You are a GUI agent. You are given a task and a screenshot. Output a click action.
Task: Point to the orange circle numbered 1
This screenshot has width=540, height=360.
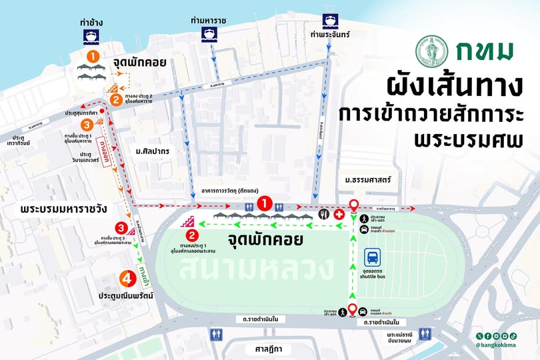(x=93, y=55)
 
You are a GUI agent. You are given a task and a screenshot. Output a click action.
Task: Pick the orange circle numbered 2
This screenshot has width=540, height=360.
(x=116, y=101)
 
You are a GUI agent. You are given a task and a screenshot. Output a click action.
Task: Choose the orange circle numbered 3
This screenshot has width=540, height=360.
(x=86, y=124)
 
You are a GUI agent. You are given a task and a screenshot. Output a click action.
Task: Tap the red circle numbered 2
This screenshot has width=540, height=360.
(x=192, y=235)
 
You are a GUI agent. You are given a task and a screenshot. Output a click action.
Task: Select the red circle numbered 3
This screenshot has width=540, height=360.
(x=121, y=228)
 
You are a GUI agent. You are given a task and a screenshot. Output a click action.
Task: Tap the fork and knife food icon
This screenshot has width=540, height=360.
(x=323, y=214)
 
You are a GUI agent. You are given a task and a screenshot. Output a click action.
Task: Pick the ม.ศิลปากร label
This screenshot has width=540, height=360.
(x=153, y=151)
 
